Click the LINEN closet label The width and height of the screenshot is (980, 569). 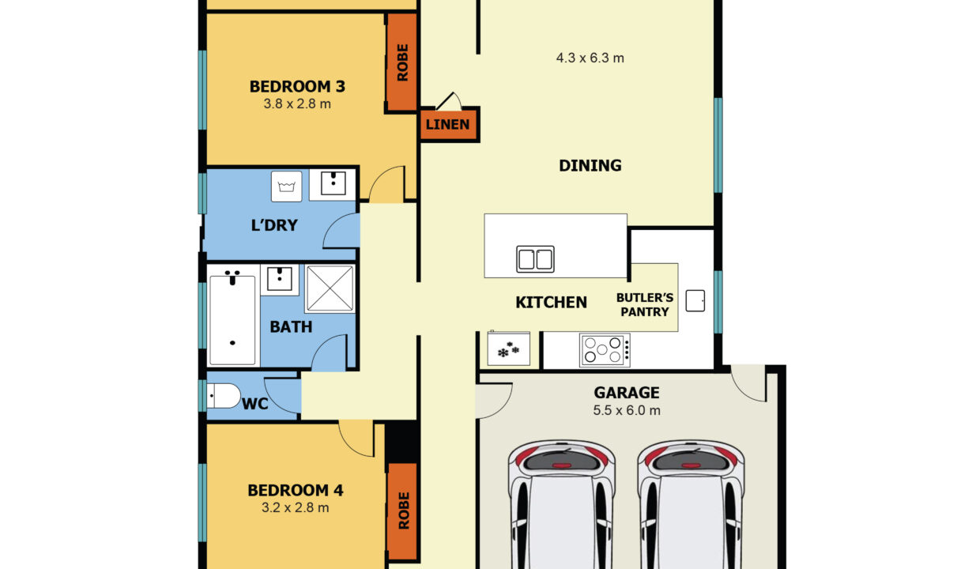(447, 125)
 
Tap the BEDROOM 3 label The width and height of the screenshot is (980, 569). (297, 87)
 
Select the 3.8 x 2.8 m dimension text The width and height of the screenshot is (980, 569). (297, 104)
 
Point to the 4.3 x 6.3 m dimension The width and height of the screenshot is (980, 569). (590, 58)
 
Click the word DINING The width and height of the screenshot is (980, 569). (590, 165)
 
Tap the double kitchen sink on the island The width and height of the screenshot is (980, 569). (535, 259)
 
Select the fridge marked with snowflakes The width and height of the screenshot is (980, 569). (509, 349)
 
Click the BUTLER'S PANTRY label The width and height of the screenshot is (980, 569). (645, 305)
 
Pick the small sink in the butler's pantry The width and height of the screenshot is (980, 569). (695, 301)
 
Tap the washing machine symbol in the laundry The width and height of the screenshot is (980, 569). (287, 187)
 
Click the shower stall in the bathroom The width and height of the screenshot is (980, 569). (330, 288)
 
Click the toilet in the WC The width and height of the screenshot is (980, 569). (224, 396)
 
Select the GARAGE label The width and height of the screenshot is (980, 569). (627, 393)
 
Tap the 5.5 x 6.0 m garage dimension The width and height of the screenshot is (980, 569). (627, 411)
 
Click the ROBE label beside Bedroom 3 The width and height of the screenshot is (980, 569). (402, 62)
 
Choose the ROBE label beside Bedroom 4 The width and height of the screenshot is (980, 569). (404, 511)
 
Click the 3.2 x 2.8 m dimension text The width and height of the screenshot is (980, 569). (296, 508)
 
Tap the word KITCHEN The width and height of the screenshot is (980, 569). (552, 303)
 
